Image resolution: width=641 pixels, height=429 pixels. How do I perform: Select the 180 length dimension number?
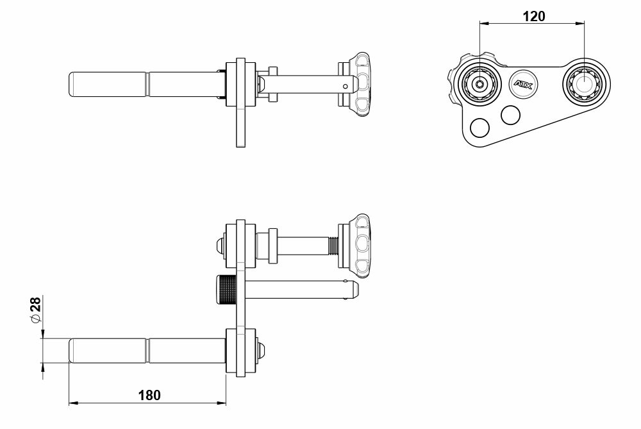pos(149,395)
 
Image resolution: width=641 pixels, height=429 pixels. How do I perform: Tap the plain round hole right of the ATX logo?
pos(585,84)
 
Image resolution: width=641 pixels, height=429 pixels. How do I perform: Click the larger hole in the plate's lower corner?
pos(479,126)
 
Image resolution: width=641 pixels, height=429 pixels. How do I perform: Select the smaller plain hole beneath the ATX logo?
pos(511,115)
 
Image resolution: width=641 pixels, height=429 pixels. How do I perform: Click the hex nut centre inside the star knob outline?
pos(479,84)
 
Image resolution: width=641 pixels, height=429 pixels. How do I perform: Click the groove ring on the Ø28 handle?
pos(148,351)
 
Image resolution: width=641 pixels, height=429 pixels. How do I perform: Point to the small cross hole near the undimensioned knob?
pos(345,85)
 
